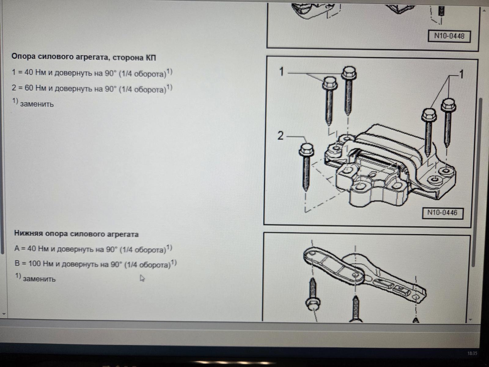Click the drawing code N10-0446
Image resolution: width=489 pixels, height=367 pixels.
[x=443, y=213]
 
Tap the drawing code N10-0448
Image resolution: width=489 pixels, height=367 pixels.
[x=449, y=36]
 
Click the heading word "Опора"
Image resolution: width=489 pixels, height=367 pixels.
[x=24, y=57]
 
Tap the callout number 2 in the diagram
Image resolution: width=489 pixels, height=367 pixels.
[x=281, y=136]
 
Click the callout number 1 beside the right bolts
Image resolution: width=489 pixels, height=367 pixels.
[x=461, y=74]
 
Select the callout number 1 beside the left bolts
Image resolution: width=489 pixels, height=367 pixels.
[x=281, y=72]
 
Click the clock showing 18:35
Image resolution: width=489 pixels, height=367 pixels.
[x=472, y=354]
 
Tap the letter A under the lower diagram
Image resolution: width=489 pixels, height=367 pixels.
[x=416, y=320]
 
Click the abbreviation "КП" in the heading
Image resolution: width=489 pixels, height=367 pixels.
[x=151, y=58]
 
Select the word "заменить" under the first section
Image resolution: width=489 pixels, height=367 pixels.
[x=37, y=104]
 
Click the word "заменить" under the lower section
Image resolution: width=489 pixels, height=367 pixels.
[x=39, y=279]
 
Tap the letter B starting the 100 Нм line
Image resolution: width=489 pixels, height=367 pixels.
[x=17, y=263]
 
